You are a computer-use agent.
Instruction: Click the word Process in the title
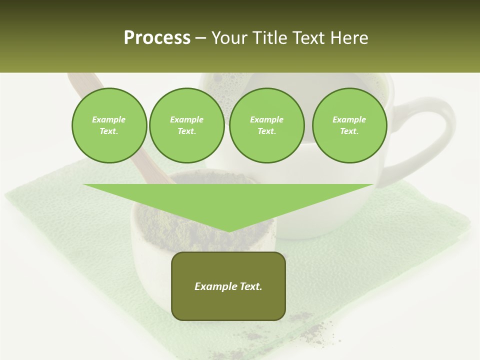click(x=157, y=38)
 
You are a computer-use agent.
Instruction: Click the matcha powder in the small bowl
click(x=165, y=220)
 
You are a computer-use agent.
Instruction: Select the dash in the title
click(x=201, y=38)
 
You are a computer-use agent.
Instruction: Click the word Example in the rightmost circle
click(x=349, y=119)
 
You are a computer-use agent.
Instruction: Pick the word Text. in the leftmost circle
click(x=109, y=131)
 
